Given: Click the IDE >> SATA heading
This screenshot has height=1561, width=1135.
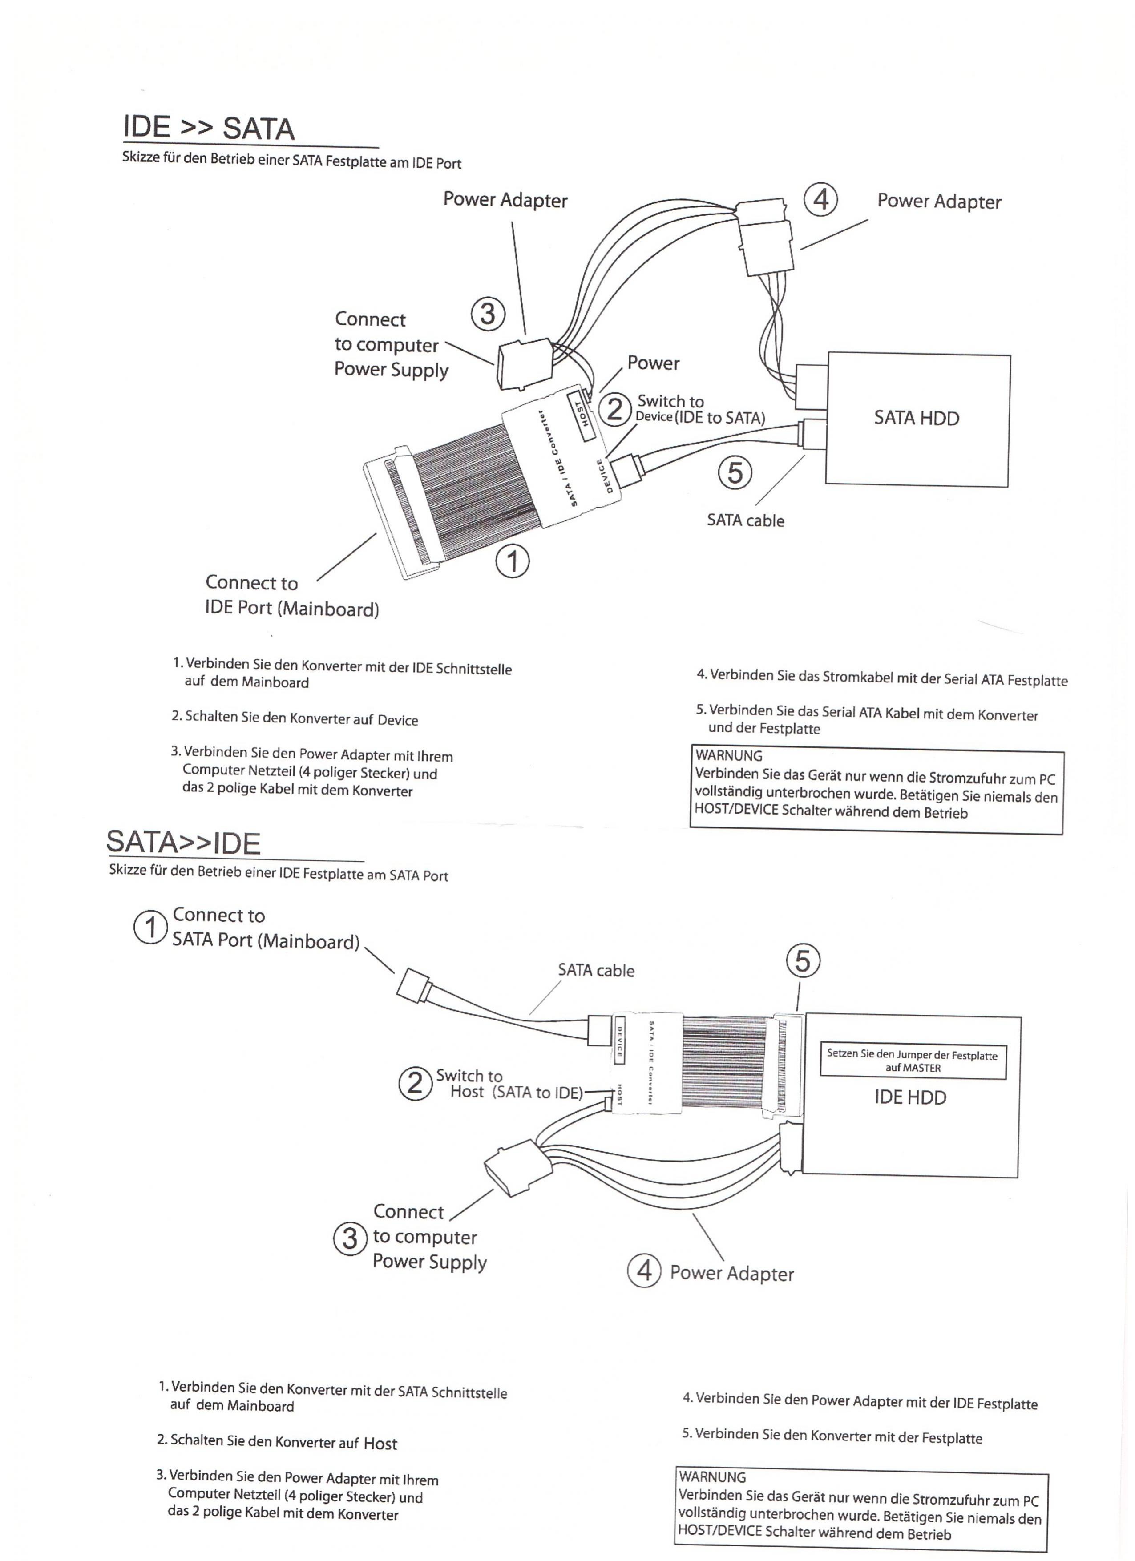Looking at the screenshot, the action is tap(209, 128).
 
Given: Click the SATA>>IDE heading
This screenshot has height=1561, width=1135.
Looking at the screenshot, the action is tap(183, 843).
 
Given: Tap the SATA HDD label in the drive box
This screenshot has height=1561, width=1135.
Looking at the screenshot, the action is tap(916, 418).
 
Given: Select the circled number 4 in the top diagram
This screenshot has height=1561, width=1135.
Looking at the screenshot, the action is tap(820, 200).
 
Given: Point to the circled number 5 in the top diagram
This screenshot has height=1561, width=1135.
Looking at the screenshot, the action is tap(735, 473).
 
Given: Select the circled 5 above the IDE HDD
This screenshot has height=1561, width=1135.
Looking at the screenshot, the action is tap(803, 961).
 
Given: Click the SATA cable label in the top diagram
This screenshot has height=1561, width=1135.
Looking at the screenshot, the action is tap(745, 520).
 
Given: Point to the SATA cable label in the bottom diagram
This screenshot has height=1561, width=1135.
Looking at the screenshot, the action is tap(596, 971).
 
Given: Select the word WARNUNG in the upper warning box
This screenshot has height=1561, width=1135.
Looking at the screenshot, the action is tap(729, 755).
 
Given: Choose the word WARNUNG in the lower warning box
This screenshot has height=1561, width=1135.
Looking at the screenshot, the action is tap(712, 1477).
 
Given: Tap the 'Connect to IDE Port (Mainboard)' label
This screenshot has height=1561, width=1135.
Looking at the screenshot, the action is tap(292, 596).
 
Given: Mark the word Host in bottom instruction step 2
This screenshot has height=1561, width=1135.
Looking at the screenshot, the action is tap(380, 1443).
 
